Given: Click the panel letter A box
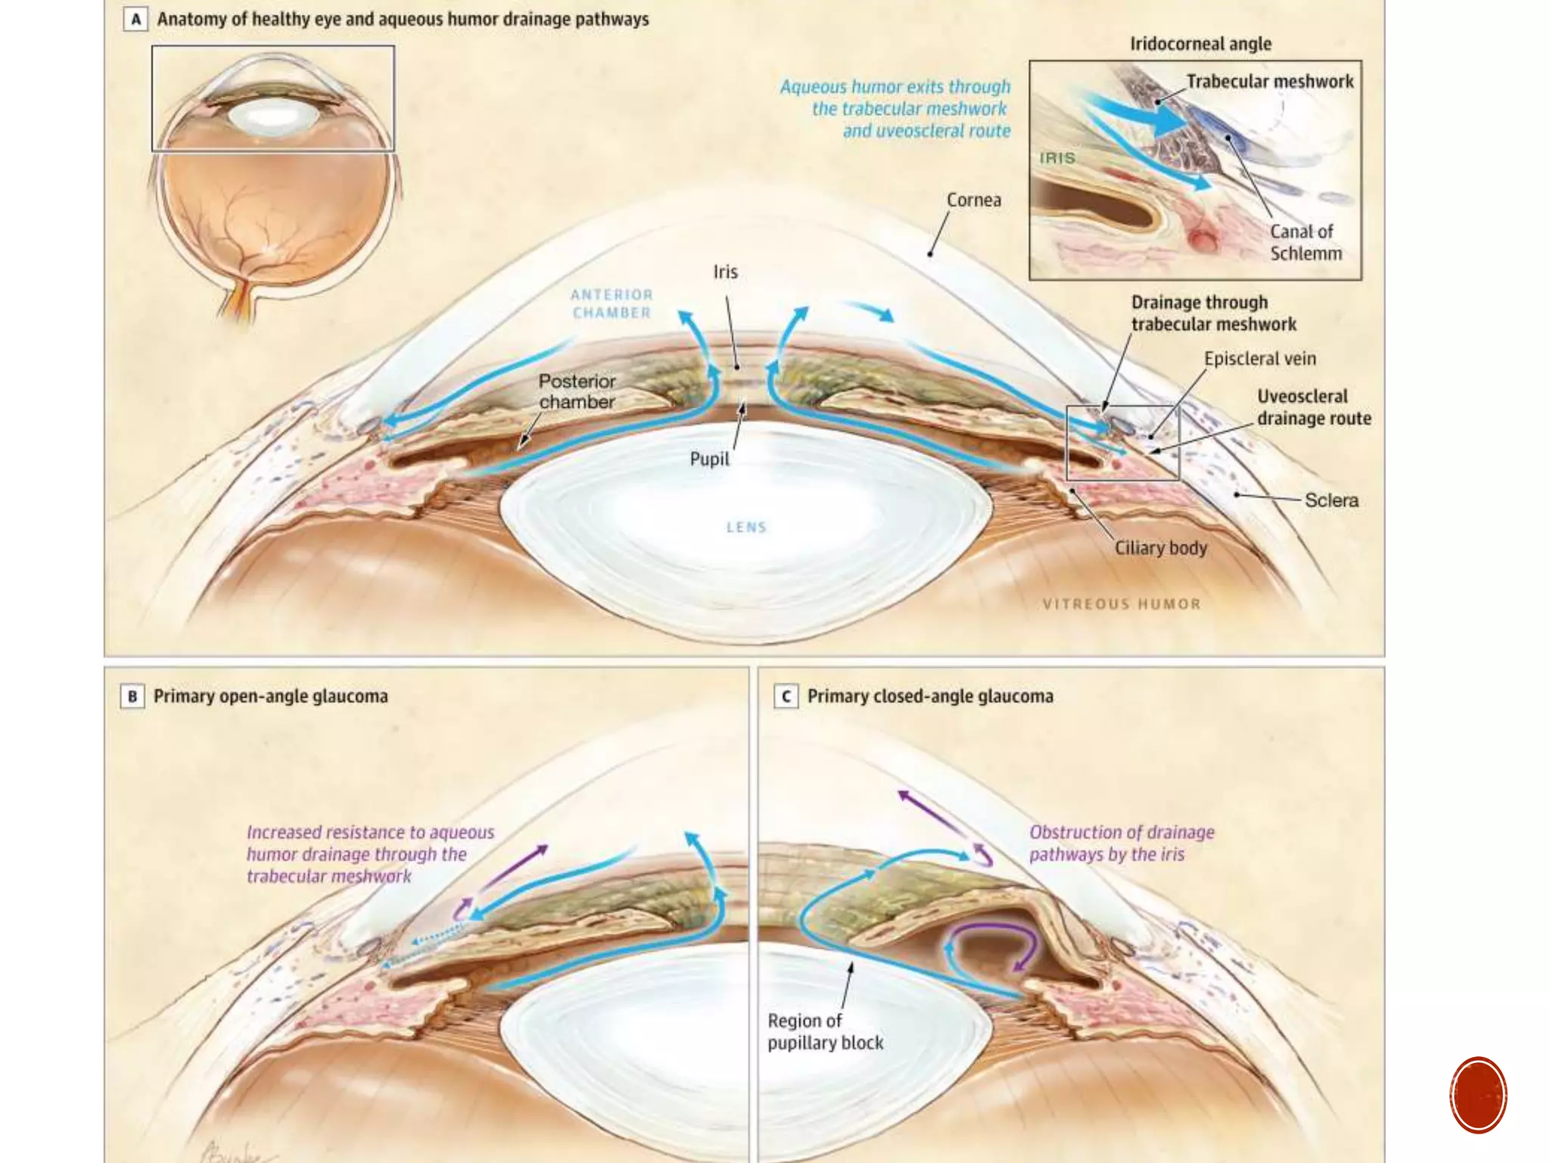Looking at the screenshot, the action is coord(135,20).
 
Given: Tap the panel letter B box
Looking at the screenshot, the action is coord(132,696).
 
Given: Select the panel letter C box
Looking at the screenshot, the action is coord(786,696).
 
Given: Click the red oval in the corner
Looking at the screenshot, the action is coord(1478,1095).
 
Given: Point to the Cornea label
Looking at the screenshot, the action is coord(973,200).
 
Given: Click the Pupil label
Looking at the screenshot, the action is coord(709,459).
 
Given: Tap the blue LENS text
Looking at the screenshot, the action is coord(746,527).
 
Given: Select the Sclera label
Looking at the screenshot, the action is coord(1331,500).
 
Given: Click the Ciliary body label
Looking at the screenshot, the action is coord(1160,547).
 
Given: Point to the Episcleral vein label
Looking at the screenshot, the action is coord(1259,359).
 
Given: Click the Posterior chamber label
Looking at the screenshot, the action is coord(577,391).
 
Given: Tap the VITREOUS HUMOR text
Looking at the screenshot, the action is coord(1122,604).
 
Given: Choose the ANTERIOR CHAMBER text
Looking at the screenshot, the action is coord(612,304).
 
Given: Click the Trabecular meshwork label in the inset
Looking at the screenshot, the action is coord(1269,82).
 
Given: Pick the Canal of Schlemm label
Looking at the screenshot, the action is coord(1305,242).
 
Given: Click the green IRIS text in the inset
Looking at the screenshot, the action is coord(1057,158).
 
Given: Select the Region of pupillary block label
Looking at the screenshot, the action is coord(825,1031).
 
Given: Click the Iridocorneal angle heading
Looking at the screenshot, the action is coord(1200,44).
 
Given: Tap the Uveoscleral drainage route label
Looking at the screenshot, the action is coord(1313,407).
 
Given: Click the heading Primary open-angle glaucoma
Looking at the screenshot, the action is coord(270,696).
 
